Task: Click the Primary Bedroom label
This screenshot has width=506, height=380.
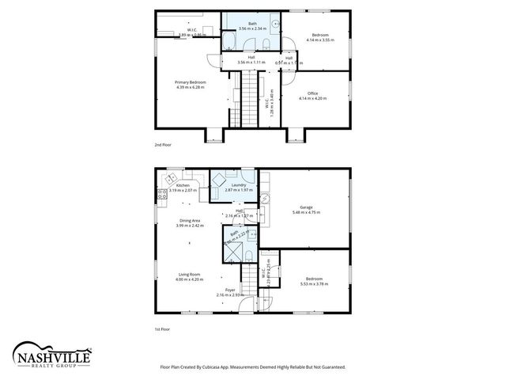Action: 190,82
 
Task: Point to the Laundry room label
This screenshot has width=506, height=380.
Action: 239,185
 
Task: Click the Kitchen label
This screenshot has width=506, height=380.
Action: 183,185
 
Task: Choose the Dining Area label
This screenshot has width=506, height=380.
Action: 190,221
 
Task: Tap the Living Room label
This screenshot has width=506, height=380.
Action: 190,274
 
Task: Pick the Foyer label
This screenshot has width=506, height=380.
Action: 230,291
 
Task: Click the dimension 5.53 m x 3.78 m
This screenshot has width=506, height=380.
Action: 314,283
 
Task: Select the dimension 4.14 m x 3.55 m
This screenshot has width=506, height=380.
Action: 321,39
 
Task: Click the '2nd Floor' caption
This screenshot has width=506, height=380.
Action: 163,146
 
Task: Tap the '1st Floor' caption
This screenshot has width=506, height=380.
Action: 163,329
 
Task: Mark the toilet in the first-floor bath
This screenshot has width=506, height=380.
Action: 247,255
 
